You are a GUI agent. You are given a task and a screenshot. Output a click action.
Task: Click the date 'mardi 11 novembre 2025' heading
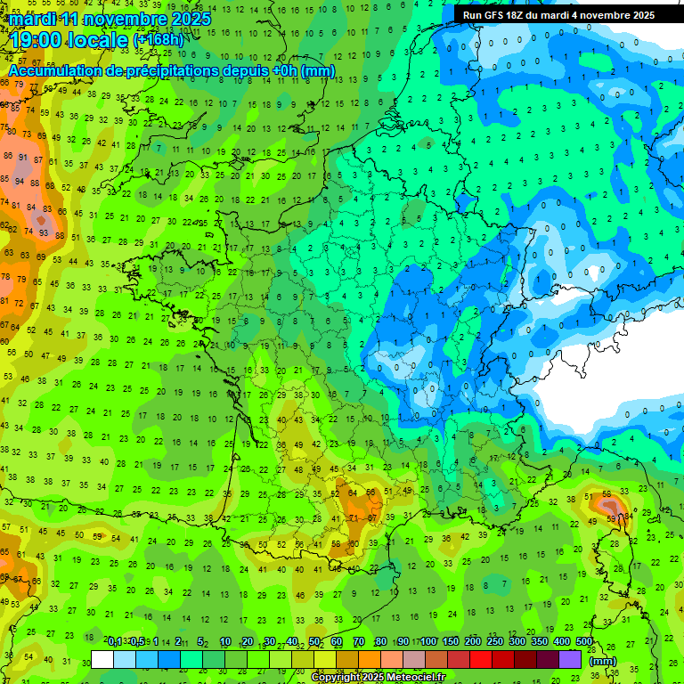tap(110, 19)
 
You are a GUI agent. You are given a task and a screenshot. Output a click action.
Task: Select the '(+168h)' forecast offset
tap(159, 40)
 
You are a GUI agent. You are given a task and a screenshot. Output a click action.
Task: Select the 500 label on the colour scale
tap(584, 641)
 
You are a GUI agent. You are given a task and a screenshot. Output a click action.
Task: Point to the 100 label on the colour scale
tap(428, 641)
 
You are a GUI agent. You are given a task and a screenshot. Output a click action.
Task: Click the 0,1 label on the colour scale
tap(115, 641)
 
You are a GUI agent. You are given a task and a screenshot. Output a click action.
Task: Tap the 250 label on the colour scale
tap(495, 641)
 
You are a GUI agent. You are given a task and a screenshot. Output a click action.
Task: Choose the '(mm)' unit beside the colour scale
tap(603, 661)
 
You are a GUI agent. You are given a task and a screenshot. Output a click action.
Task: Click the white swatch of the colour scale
tap(102, 659)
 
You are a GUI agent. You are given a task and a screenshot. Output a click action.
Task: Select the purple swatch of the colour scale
tap(570, 659)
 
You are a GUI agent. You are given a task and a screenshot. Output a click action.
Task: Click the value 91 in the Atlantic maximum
tap(23, 157)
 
